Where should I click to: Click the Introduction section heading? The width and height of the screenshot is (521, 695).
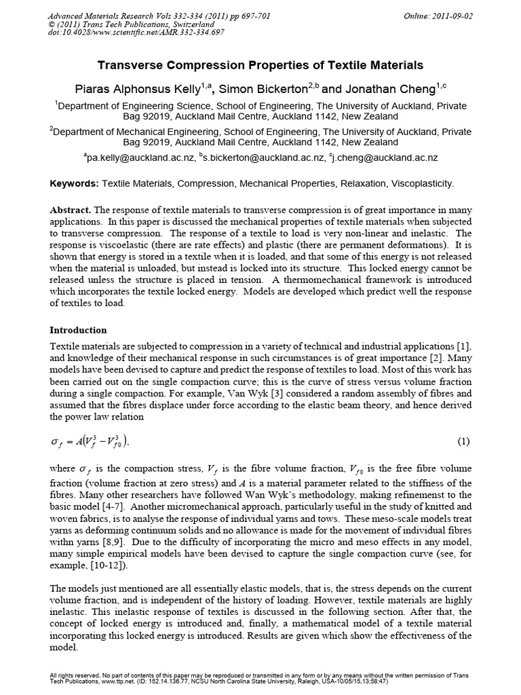coord(78,331)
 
